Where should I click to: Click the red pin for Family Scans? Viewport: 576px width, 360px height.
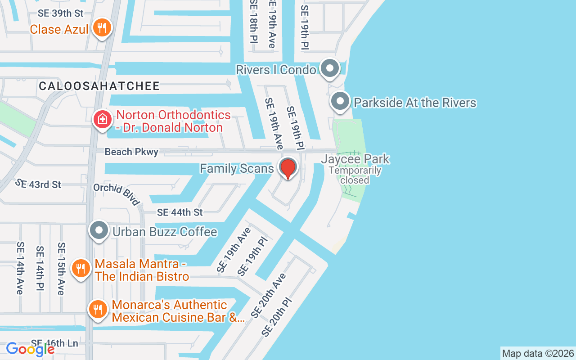click(x=288, y=168)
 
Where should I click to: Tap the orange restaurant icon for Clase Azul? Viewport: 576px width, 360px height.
click(x=102, y=28)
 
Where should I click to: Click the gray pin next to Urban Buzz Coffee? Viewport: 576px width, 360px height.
click(x=99, y=231)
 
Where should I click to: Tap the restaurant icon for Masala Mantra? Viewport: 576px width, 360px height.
click(x=81, y=269)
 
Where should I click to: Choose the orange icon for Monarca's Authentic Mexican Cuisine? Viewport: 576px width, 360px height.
click(x=98, y=310)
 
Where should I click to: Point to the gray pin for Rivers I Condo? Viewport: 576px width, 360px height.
click(x=331, y=69)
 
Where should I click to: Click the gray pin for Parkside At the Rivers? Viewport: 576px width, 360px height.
click(x=340, y=102)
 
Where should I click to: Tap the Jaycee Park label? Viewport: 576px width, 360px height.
click(x=355, y=159)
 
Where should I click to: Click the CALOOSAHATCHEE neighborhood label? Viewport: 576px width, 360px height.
click(x=99, y=86)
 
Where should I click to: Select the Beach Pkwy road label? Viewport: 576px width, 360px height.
click(x=131, y=152)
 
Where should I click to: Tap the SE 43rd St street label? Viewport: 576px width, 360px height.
click(x=38, y=184)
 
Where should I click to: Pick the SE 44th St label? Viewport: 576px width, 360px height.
click(x=180, y=212)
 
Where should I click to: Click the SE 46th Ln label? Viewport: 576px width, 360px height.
click(x=54, y=343)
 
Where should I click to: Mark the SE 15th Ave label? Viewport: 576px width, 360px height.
click(x=61, y=269)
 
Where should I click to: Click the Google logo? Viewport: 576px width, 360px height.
click(x=31, y=349)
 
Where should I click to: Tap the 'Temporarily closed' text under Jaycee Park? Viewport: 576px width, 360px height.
click(x=355, y=175)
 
